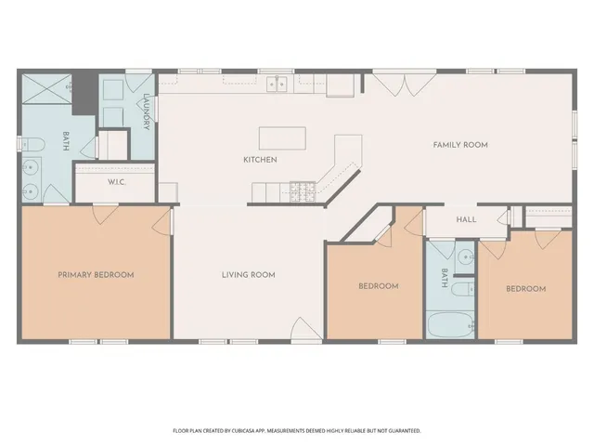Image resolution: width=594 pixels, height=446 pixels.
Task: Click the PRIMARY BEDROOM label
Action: point(96,275)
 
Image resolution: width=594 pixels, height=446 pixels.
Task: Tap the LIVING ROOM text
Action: point(248,275)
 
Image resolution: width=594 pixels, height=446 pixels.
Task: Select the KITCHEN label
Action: point(260,160)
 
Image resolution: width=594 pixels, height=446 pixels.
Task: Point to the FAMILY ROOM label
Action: point(460,145)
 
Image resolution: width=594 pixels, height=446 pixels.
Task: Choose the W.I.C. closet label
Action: point(117,182)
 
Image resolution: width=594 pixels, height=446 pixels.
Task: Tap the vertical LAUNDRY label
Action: point(147,111)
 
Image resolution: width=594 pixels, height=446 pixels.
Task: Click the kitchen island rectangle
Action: point(282,138)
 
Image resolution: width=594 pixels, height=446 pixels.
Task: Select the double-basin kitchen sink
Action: point(277,85)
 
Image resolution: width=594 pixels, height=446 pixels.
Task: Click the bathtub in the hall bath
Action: point(450,326)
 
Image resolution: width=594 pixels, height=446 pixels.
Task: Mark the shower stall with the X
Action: point(47,89)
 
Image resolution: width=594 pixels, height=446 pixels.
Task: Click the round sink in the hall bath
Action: point(465,256)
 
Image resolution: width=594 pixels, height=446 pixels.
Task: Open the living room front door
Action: point(305,330)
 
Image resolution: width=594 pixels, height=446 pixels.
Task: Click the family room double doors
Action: point(401,82)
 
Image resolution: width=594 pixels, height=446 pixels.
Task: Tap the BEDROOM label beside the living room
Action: point(378,286)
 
